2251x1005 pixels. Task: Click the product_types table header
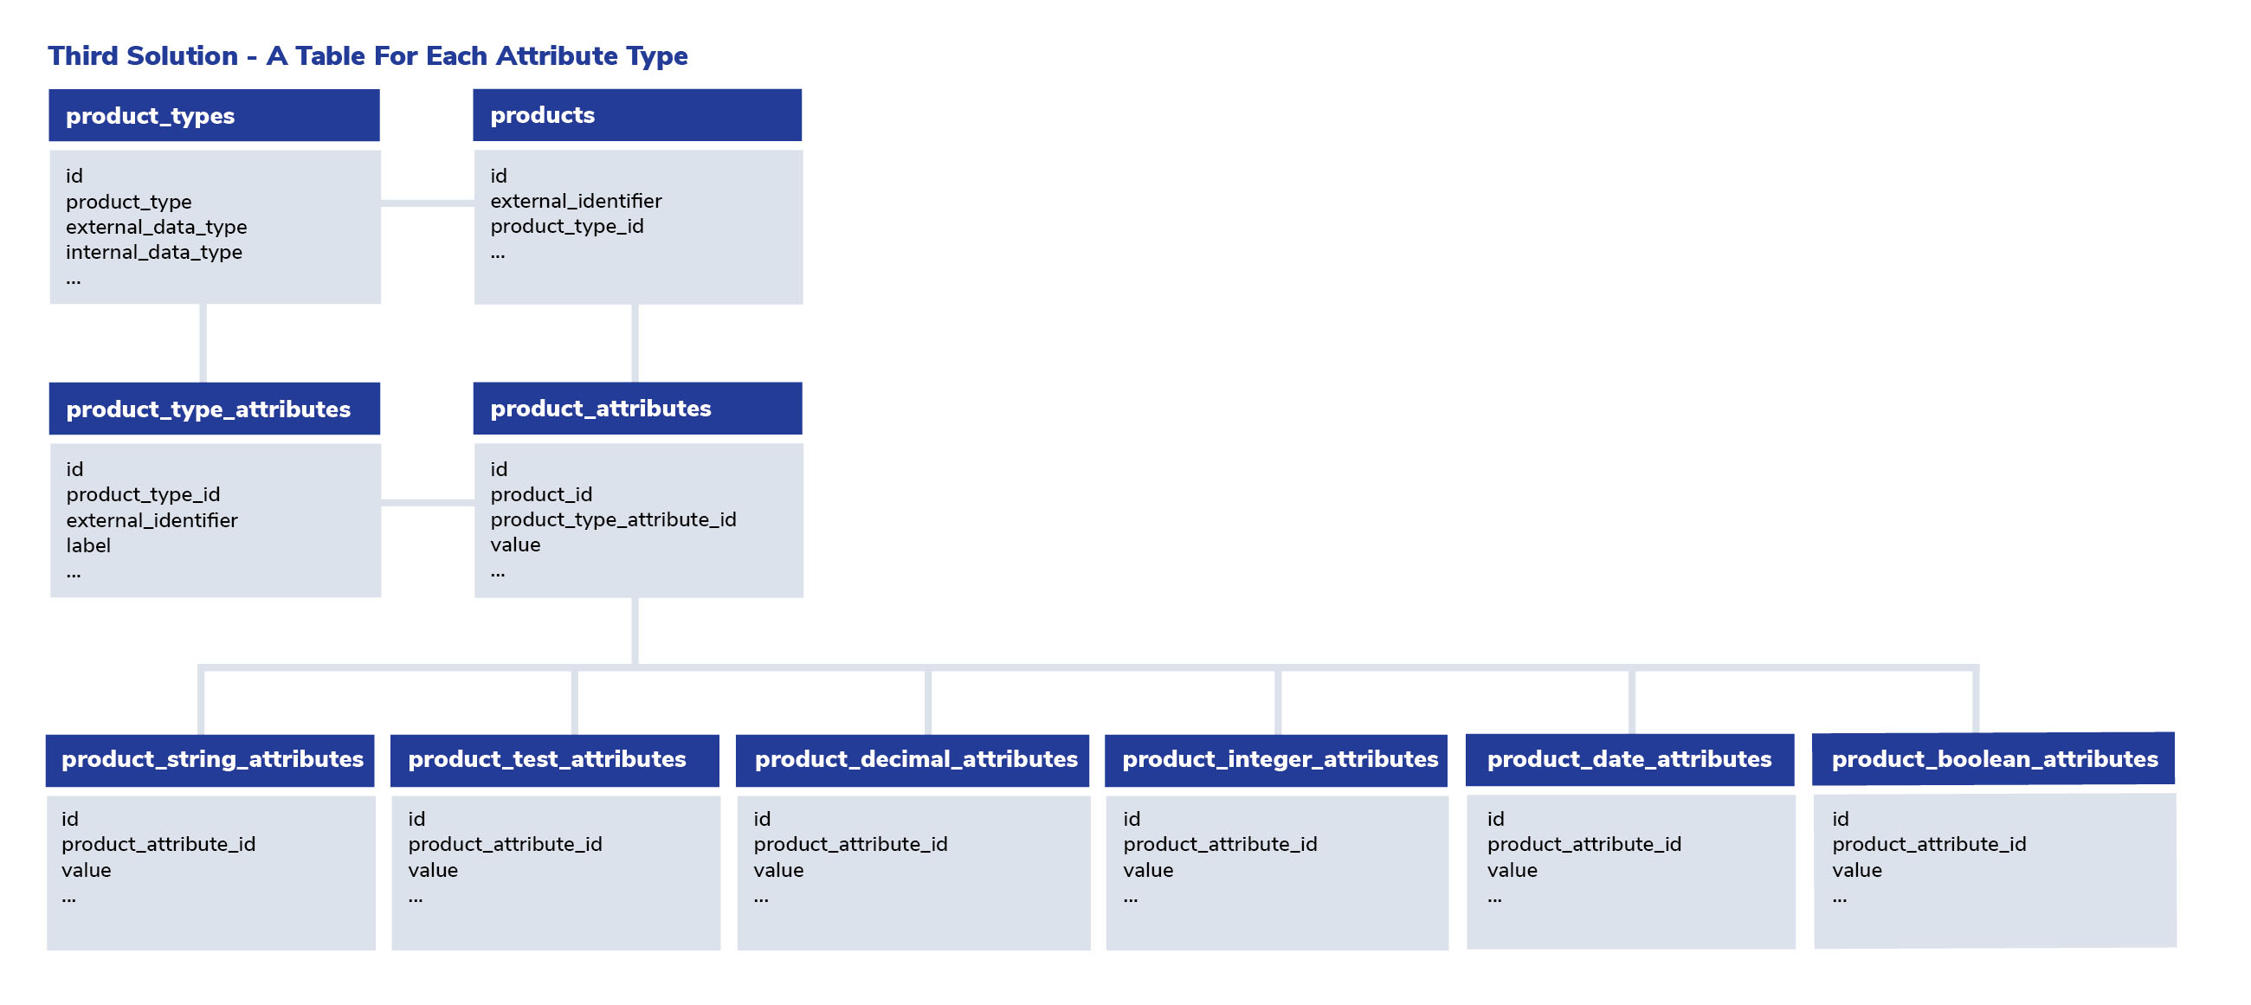click(214, 115)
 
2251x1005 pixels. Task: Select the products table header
click(637, 114)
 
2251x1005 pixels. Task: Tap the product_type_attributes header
click(214, 408)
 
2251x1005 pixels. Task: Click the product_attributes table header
click(637, 408)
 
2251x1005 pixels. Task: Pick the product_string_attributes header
click(210, 759)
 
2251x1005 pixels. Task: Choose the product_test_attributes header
click(555, 759)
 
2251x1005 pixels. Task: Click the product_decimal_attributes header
click(913, 759)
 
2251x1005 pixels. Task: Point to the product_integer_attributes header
click(1276, 759)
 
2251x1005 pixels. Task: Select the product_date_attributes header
click(1629, 759)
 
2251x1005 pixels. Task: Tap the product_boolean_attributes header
click(1993, 758)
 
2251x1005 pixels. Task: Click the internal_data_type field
click(154, 253)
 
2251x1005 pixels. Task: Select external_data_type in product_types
click(157, 227)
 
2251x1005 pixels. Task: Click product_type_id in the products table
click(567, 226)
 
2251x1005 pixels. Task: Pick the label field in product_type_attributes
click(88, 545)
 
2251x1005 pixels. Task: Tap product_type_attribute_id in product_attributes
click(614, 520)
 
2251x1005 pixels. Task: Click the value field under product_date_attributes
click(1512, 871)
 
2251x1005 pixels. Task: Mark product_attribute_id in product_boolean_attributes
click(1929, 844)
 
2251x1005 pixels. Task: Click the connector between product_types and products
click(428, 203)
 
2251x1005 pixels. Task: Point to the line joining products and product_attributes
click(635, 344)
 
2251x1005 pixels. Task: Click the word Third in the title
click(83, 56)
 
